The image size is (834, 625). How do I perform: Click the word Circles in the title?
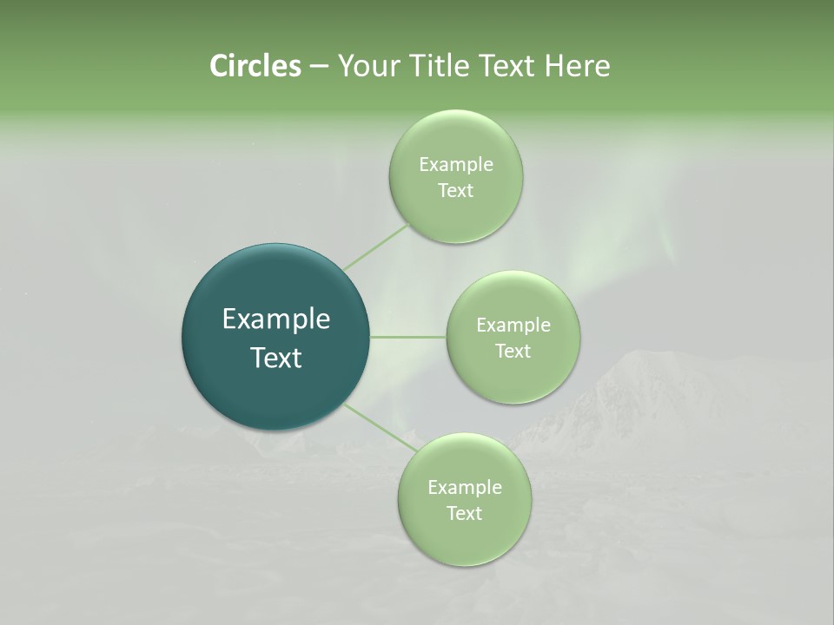255,66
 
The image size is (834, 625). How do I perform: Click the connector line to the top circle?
377,247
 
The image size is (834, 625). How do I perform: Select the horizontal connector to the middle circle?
408,337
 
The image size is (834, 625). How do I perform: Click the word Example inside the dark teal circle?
276,319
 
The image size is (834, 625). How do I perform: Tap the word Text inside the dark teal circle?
276,358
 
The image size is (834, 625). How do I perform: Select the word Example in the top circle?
455,165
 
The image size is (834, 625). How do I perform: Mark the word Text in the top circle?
455,191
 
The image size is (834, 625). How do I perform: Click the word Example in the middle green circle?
513,326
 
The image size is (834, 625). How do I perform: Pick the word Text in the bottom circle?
464,514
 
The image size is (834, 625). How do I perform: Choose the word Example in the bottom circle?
464,488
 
